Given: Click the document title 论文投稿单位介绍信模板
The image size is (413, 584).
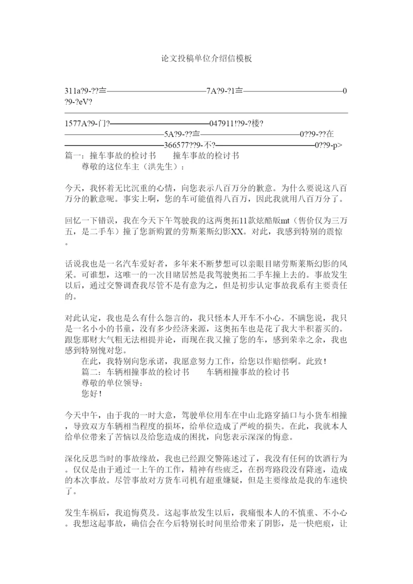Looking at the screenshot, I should [x=206, y=59].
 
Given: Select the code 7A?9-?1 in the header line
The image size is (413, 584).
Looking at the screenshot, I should [x=221, y=91].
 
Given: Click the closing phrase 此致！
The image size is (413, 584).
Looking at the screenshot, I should [x=313, y=360].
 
